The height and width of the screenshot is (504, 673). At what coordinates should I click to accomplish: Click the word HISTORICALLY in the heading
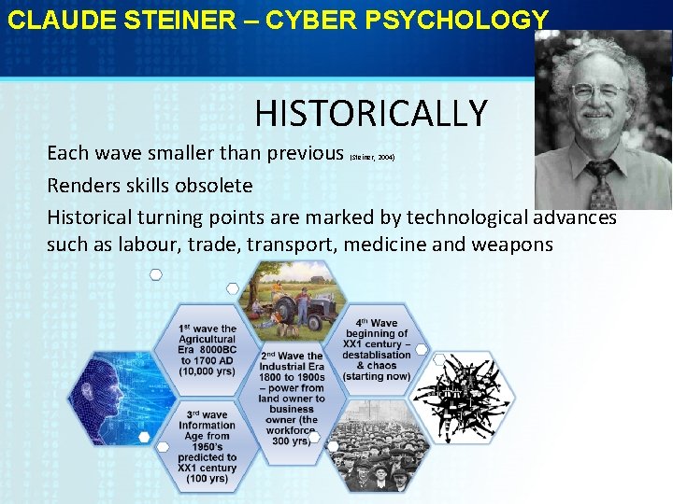tap(371, 114)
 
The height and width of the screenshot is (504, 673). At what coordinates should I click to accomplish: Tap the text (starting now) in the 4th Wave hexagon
tap(376, 376)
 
